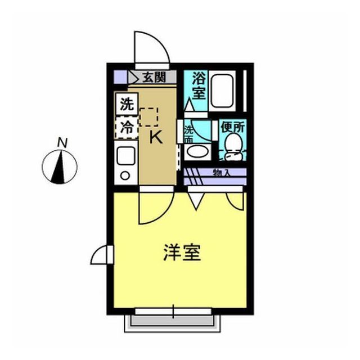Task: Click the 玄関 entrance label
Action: (154, 77)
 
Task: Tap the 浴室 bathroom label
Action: (199, 85)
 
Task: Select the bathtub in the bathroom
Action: (222, 91)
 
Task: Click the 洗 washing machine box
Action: (127, 104)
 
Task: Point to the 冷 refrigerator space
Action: (127, 128)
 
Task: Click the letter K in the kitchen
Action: (156, 137)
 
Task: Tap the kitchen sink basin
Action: (126, 156)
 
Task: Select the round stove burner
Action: (125, 176)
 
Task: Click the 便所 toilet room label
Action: (232, 127)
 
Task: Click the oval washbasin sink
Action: (197, 151)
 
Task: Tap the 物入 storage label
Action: (222, 173)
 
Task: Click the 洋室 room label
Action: (182, 253)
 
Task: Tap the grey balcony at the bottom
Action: (172, 323)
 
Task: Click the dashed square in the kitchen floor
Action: (148, 117)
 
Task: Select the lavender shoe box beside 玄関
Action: (120, 77)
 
